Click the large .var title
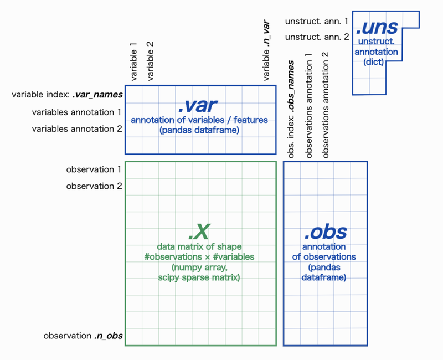pyautogui.click(x=198, y=106)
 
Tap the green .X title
pyautogui.click(x=199, y=232)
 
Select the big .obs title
pyautogui.click(x=326, y=232)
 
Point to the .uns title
pyautogui.click(x=377, y=27)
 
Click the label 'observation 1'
pyautogui.click(x=94, y=169)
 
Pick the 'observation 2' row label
pyautogui.click(x=94, y=186)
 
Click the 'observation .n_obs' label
pyautogui.click(x=83, y=336)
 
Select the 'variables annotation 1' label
pyautogui.click(x=76, y=112)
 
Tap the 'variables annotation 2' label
pyautogui.click(x=77, y=129)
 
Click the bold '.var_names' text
pyautogui.click(x=98, y=95)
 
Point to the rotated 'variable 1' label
pyautogui.click(x=133, y=61)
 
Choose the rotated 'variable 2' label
pyautogui.click(x=150, y=61)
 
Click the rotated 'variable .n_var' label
pyautogui.click(x=266, y=50)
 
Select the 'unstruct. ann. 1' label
pyautogui.click(x=317, y=22)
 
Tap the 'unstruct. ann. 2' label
pyautogui.click(x=317, y=37)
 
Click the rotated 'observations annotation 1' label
pyautogui.click(x=308, y=105)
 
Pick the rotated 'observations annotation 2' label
pyautogui.click(x=326, y=105)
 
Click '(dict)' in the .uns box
pyautogui.click(x=373, y=62)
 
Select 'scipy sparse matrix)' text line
pyautogui.click(x=199, y=277)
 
